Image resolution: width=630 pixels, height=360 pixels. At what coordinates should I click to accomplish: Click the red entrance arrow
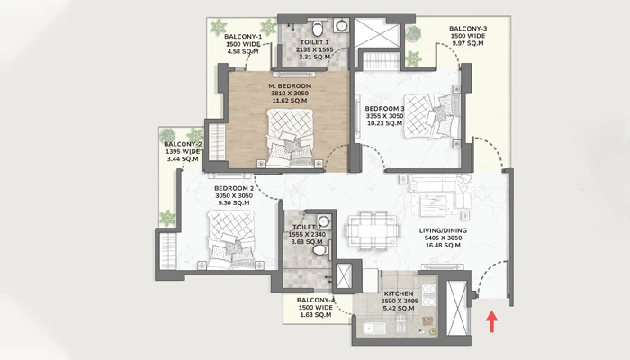491,321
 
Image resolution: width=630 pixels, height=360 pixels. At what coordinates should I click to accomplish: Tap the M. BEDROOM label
290,86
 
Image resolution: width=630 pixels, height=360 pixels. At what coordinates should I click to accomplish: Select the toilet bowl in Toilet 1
318,28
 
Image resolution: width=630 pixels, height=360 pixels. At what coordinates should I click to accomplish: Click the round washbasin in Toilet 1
341,25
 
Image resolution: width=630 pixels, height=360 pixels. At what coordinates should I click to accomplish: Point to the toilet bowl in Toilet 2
320,250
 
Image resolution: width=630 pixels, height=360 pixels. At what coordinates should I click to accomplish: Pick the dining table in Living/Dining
373,229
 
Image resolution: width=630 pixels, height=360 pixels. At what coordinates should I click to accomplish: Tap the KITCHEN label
399,293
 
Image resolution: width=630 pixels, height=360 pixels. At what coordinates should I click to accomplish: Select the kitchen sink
374,328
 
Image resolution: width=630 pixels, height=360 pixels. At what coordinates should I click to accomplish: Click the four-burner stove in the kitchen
429,295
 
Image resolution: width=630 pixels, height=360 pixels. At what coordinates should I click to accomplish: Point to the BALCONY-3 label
468,29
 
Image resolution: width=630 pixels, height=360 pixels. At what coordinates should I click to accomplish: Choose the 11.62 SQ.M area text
290,101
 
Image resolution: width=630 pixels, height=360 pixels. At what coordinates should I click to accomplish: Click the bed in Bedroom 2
231,240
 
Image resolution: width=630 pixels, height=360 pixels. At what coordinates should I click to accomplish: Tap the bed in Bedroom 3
432,116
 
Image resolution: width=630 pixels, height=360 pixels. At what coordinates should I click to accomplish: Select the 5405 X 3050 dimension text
443,238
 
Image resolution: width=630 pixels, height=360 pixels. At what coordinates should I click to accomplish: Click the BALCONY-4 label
316,300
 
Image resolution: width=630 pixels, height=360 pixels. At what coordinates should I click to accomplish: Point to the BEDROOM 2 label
234,188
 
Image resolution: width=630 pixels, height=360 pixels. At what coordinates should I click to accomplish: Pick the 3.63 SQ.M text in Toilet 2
307,242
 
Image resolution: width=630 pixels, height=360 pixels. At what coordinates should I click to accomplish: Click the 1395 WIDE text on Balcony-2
183,151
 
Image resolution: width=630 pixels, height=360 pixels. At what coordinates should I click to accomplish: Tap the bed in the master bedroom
290,138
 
